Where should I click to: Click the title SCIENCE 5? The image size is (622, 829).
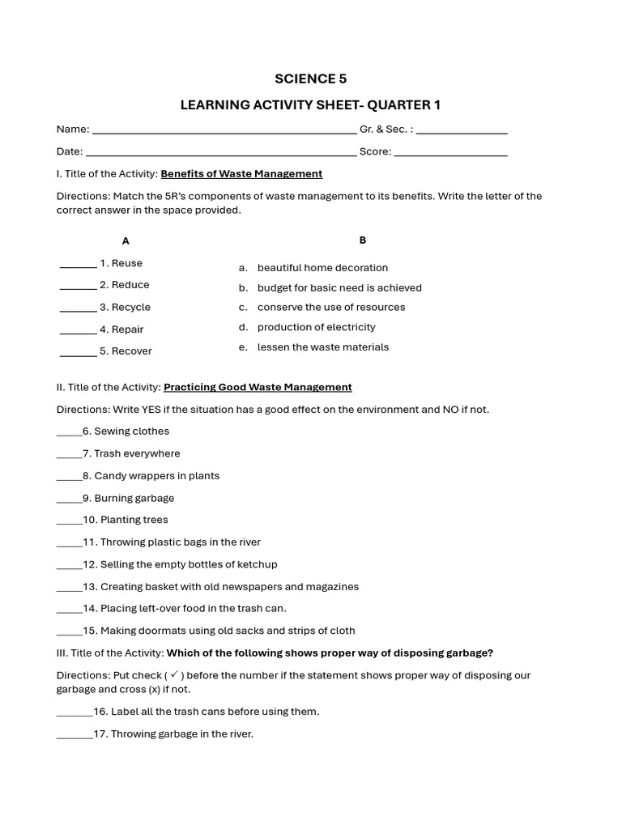[310, 79]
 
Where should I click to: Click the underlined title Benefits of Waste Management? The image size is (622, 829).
[241, 174]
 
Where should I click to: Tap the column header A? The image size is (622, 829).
[126, 241]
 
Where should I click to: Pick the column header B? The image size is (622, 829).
[363, 240]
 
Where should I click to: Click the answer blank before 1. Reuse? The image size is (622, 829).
[78, 266]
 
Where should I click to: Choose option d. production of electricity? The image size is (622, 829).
[316, 327]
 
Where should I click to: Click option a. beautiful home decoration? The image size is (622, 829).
[322, 268]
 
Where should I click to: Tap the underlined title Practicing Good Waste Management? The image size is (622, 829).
[258, 388]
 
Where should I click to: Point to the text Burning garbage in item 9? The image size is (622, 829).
[134, 499]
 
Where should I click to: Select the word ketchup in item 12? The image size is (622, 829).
[258, 564]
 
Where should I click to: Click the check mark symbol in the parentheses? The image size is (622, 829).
[175, 674]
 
